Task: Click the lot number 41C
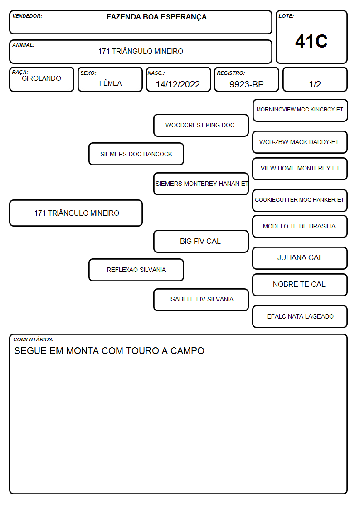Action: click(x=311, y=41)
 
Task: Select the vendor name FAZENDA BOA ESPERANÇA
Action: click(x=156, y=17)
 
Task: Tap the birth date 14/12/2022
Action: click(x=178, y=84)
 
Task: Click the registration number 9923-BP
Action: click(x=246, y=84)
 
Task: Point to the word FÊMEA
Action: click(x=110, y=83)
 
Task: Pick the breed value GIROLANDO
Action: click(x=42, y=78)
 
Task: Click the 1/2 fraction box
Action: click(x=315, y=79)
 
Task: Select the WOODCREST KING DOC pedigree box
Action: click(x=201, y=125)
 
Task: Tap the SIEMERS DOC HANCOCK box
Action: click(x=136, y=154)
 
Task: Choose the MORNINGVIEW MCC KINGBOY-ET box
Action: click(x=300, y=111)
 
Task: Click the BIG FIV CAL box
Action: click(x=201, y=241)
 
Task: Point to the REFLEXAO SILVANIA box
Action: click(x=136, y=270)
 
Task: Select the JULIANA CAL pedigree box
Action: click(x=300, y=258)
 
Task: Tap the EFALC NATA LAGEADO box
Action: click(x=300, y=316)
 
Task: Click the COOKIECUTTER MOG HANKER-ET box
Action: click(x=300, y=200)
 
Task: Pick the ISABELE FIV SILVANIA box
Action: click(x=201, y=300)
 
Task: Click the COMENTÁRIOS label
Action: click(x=34, y=339)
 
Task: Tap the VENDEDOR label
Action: click(x=27, y=16)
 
